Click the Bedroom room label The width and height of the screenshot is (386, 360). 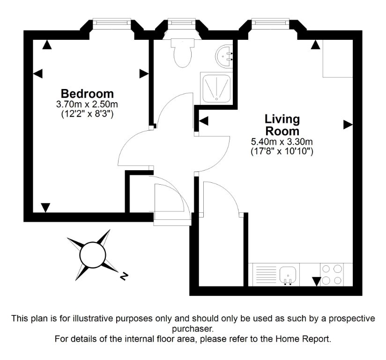pos(87,94)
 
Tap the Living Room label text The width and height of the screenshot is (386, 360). pos(282,125)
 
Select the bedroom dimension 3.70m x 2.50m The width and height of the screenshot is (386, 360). pos(87,104)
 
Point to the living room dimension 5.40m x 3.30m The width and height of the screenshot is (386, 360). pos(282,142)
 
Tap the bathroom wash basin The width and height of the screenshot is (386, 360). pos(224,56)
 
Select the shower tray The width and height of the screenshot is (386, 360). pos(216,88)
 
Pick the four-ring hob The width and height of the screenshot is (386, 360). pos(332,275)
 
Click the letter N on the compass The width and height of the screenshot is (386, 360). pos(124,276)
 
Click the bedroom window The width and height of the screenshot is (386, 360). pos(112,22)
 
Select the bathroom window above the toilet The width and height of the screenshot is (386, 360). pos(182,22)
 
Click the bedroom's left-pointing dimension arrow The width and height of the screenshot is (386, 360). pos(37,74)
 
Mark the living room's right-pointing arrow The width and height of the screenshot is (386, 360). pos(348,125)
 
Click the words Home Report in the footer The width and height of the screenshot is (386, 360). pos(303,339)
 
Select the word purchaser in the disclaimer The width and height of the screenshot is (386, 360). pos(193,329)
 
